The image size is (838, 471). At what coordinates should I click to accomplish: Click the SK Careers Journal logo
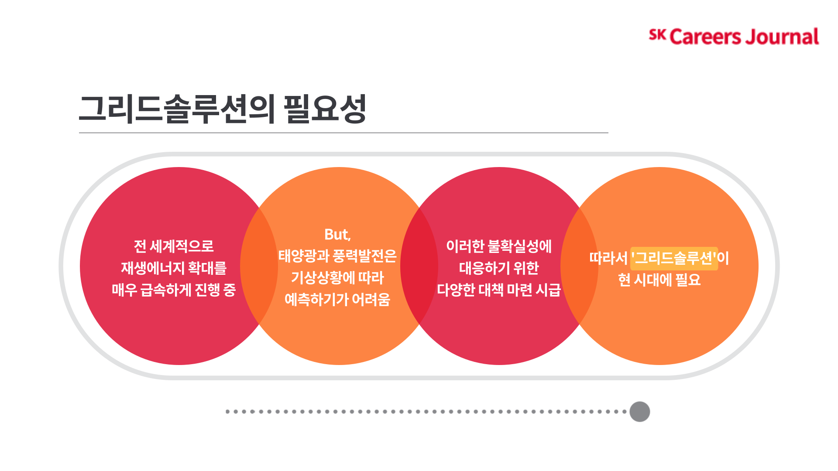point(733,37)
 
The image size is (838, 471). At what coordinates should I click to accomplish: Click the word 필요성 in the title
point(325,109)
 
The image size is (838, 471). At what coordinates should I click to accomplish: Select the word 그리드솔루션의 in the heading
point(177,109)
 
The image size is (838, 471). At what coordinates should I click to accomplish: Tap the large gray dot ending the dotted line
point(639,412)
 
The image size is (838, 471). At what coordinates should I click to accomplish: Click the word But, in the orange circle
point(337,235)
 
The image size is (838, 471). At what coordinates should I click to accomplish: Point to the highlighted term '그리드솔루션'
point(674,258)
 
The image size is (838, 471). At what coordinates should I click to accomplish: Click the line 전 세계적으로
point(174,246)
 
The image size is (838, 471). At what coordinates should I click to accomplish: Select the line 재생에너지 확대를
point(174,268)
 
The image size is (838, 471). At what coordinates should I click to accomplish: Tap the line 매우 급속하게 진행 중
point(174,290)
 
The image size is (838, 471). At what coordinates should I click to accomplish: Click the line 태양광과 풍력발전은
point(337,256)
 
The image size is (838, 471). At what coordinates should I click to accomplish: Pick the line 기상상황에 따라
point(337,278)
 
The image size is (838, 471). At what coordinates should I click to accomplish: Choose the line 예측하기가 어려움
point(337,300)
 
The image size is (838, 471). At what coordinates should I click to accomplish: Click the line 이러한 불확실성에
point(499,246)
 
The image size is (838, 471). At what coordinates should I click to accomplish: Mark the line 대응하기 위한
point(499,268)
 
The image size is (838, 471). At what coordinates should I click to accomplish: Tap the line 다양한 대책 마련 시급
point(499,290)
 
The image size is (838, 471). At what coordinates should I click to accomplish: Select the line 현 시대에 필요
point(659,280)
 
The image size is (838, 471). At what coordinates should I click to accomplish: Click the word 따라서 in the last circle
point(608,258)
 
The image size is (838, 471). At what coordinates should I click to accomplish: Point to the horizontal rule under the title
point(343,133)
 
